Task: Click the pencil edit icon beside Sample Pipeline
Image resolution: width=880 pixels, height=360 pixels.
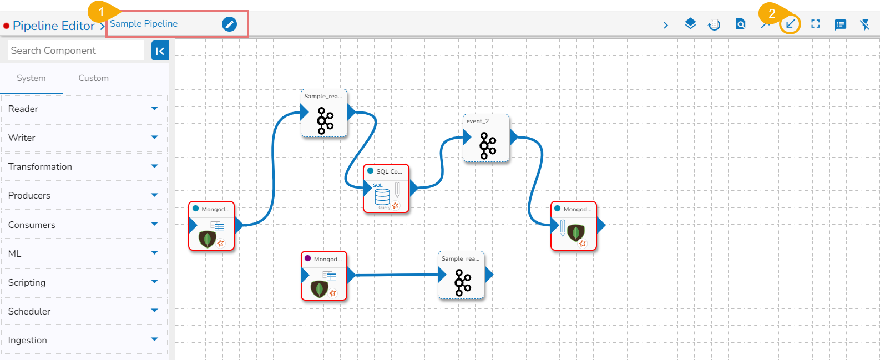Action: pyautogui.click(x=229, y=24)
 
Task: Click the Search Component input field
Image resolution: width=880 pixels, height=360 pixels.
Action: pyautogui.click(x=76, y=50)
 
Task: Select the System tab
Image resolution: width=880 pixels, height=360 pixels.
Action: pyautogui.click(x=31, y=78)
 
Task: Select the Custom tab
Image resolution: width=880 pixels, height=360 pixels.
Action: pyautogui.click(x=93, y=78)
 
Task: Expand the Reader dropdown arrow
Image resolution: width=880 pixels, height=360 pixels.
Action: pyautogui.click(x=154, y=109)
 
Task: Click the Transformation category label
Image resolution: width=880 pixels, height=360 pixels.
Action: pyautogui.click(x=40, y=166)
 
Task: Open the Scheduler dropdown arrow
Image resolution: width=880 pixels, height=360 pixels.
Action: pyautogui.click(x=154, y=311)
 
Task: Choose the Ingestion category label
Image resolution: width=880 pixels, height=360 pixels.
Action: pyautogui.click(x=28, y=340)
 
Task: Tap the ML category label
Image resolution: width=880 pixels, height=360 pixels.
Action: pyautogui.click(x=15, y=253)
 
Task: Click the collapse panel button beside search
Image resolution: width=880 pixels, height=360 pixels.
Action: pyautogui.click(x=160, y=51)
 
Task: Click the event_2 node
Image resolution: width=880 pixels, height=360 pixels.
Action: pyautogui.click(x=486, y=138)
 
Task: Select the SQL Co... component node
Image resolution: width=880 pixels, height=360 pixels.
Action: pyautogui.click(x=386, y=189)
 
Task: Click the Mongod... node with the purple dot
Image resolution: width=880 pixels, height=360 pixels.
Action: pyautogui.click(x=324, y=276)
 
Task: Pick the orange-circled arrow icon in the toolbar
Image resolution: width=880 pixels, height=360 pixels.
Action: pyautogui.click(x=790, y=24)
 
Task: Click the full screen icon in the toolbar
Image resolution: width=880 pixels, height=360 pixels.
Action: pyautogui.click(x=815, y=24)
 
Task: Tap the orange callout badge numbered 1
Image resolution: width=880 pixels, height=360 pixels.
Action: pyautogui.click(x=101, y=12)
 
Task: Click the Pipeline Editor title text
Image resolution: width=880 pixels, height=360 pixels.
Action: pyautogui.click(x=53, y=26)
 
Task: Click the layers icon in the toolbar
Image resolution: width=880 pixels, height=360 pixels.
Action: pyautogui.click(x=690, y=24)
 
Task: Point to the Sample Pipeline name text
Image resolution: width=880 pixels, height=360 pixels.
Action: pyautogui.click(x=144, y=23)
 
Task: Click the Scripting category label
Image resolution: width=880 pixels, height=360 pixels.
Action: pyautogui.click(x=27, y=282)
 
